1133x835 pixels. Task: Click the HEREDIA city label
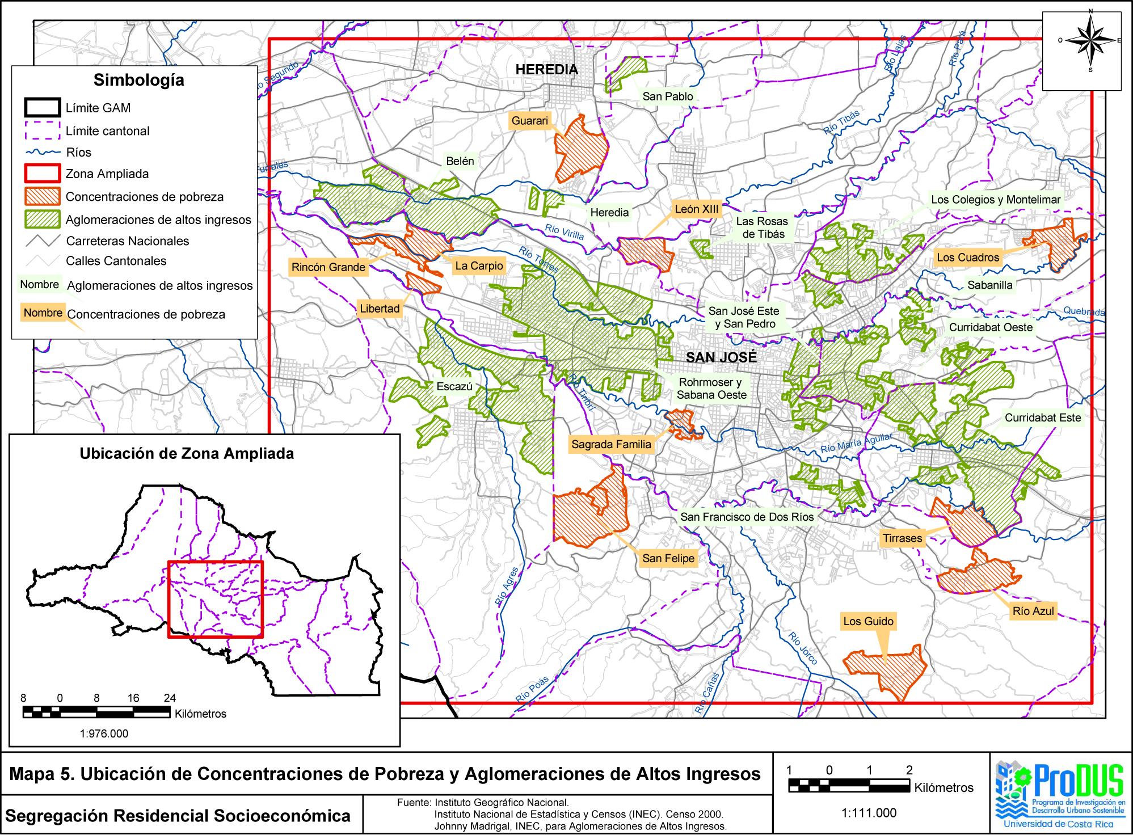[546, 70]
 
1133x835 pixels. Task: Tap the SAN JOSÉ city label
[721, 357]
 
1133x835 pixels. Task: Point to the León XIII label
[696, 209]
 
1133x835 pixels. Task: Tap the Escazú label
[454, 387]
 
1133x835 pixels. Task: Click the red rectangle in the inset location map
[216, 599]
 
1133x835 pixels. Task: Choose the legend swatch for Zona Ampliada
[43, 174]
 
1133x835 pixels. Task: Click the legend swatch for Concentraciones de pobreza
[43, 197]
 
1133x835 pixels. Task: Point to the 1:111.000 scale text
[869, 813]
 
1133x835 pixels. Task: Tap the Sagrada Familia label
[611, 445]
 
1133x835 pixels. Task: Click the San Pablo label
[667, 96]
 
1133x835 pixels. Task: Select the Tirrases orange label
[902, 538]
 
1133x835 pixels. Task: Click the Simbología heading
[139, 80]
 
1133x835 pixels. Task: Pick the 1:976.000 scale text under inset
[104, 733]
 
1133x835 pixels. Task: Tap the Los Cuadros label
[967, 258]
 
